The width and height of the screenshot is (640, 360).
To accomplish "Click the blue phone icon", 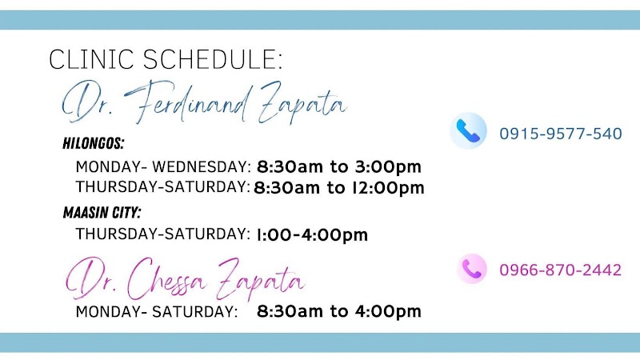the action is (x=468, y=130).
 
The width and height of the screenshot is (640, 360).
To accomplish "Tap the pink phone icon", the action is (x=472, y=269).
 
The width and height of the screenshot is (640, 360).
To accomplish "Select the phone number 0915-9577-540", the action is (x=561, y=134).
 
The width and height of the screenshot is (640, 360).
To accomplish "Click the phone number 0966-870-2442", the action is (x=561, y=270).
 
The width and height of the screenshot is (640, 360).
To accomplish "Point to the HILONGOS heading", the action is (x=94, y=143).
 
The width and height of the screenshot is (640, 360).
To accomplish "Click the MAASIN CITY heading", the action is (x=102, y=212).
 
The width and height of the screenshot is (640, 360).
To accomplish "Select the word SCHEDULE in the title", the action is (x=213, y=59).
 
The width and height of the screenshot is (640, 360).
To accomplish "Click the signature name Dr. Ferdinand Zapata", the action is (x=204, y=102).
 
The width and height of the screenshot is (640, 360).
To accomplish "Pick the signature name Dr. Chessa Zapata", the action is (x=185, y=279).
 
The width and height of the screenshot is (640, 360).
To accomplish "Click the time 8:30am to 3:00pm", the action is (x=338, y=166).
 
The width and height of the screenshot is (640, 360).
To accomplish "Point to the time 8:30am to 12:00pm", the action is (x=338, y=188).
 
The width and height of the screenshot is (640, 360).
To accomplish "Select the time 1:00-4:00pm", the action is (x=312, y=234).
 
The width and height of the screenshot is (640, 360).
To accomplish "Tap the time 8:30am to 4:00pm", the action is (x=338, y=311).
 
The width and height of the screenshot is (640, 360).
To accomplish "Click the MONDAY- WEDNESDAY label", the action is (x=163, y=166).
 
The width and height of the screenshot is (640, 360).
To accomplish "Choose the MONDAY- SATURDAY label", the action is (x=157, y=311).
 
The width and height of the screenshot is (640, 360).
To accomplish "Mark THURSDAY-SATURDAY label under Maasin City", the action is (x=163, y=234).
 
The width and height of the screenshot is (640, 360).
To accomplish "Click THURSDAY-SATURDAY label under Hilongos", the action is (x=163, y=186).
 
